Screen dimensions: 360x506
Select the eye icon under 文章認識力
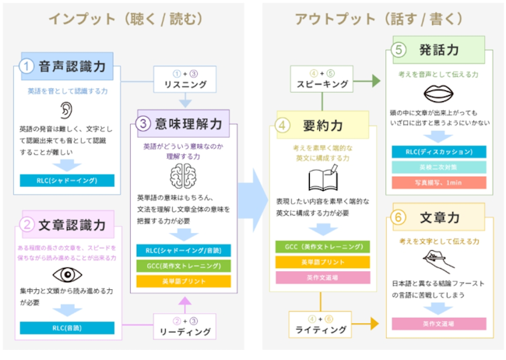pos(68,274)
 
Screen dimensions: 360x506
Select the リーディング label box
pos(184,327)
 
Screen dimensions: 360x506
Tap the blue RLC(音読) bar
pos(68,328)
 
